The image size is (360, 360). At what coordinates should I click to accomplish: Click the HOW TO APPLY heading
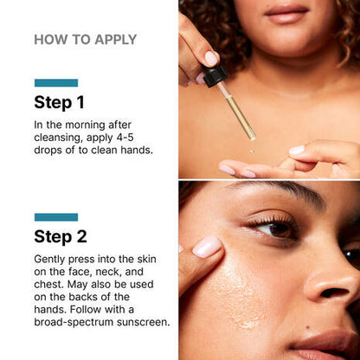pos(85,40)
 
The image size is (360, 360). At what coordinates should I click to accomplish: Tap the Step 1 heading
pos(59,102)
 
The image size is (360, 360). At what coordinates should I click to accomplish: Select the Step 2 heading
pos(60,236)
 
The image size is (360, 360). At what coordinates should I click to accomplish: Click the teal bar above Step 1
pos(55,83)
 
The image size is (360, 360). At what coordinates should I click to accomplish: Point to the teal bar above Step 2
pos(55,217)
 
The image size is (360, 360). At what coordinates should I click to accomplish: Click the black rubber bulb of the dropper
pos(215,75)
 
